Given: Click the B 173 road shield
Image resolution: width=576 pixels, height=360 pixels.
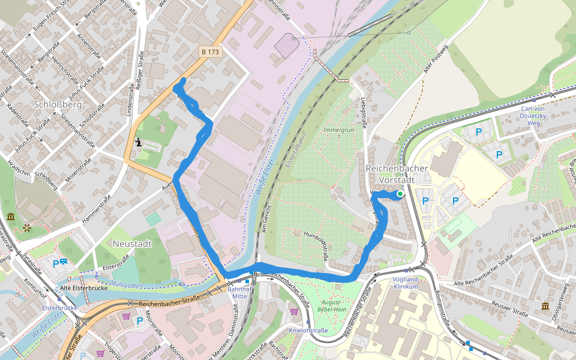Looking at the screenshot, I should coord(211,52).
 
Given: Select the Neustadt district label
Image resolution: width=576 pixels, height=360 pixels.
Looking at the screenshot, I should coord(132,244).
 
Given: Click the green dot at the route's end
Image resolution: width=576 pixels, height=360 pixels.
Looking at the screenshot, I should coord(400,194).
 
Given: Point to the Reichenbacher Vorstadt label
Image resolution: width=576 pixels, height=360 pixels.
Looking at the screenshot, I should coord(397,173).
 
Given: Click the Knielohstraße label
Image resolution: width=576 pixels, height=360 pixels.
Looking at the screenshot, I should coord(308,331).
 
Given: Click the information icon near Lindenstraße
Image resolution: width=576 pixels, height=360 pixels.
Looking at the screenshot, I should coord(139,142).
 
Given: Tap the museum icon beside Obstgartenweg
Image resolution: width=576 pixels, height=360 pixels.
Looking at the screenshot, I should coord(545,307).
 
